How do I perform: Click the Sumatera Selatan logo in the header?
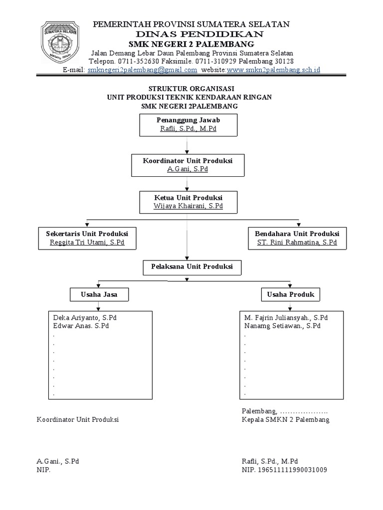pyautogui.click(x=62, y=43)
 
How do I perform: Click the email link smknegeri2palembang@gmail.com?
pyautogui.click(x=142, y=70)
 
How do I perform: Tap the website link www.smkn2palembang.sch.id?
pyautogui.click(x=273, y=70)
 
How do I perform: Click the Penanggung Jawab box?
pyautogui.click(x=188, y=124)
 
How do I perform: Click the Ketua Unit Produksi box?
pyautogui.click(x=188, y=201)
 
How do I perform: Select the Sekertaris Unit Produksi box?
pyautogui.click(x=87, y=238)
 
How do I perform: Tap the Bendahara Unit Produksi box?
pyautogui.click(x=297, y=238)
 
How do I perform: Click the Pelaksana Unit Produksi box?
pyautogui.click(x=192, y=267)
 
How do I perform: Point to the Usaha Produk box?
pyautogui.click(x=290, y=294)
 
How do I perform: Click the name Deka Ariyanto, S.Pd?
pyautogui.click(x=85, y=318)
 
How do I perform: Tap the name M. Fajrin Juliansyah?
pyautogui.click(x=286, y=318)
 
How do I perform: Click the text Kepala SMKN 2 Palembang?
pyautogui.click(x=285, y=420)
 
